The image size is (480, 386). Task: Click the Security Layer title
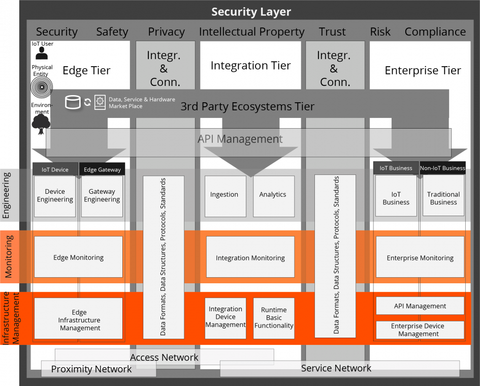point(251,12)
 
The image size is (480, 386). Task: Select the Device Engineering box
point(55,196)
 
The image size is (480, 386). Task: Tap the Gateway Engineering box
point(102,196)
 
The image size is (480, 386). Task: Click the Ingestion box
point(224,195)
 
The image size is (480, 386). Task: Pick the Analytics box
point(273,195)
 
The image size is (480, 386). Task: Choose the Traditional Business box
point(443,198)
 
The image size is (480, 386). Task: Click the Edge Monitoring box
point(78,257)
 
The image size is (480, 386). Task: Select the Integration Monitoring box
point(250,258)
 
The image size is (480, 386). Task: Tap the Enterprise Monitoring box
point(420,258)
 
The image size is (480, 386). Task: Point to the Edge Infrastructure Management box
point(79,320)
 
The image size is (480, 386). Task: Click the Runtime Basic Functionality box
point(274,318)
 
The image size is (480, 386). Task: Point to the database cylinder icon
point(73,102)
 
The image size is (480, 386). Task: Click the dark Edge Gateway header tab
point(102,169)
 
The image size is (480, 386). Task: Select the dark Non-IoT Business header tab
point(442,168)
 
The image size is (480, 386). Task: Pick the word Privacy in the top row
point(166,32)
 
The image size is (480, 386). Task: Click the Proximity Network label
point(91,369)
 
